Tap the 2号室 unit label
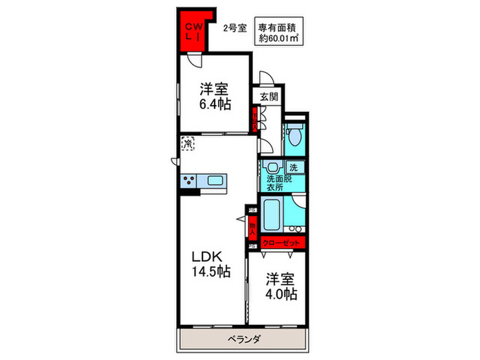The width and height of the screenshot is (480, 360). pos(235,29)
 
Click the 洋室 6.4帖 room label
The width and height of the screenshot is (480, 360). pos(215,96)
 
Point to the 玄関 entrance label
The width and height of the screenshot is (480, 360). pos(269,97)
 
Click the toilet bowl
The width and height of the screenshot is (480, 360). pos(296,136)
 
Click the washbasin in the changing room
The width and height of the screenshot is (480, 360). pos(273,168)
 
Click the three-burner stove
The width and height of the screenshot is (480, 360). pos(189,182)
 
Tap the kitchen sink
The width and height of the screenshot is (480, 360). pos(215,182)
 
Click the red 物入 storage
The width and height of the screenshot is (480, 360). pos(252,226)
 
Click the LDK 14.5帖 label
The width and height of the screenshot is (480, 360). pos(211,263)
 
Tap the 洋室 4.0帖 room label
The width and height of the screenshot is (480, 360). pos(281,287)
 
